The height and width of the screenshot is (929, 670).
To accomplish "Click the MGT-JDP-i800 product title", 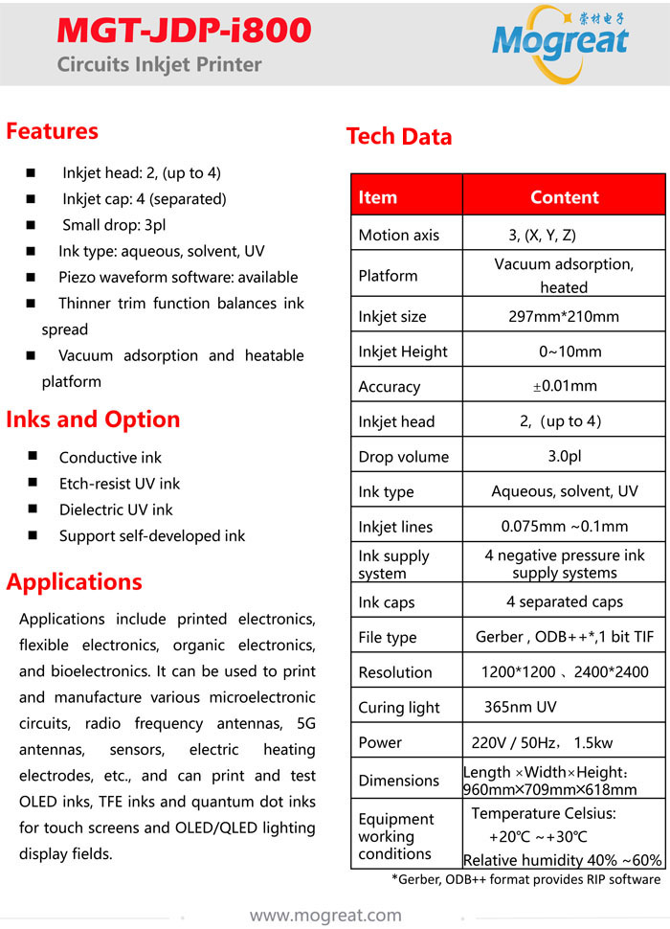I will pyautogui.click(x=185, y=31).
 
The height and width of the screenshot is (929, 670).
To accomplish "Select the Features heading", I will pyautogui.click(x=53, y=131).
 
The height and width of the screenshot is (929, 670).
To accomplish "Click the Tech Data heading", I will pyautogui.click(x=399, y=137).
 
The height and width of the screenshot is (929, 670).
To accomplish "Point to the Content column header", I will pyautogui.click(x=564, y=197).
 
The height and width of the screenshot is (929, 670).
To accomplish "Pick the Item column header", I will pyautogui.click(x=377, y=197).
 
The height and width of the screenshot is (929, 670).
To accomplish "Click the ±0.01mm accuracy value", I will pyautogui.click(x=564, y=386).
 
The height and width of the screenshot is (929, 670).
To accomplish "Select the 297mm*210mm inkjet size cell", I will pyautogui.click(x=564, y=316).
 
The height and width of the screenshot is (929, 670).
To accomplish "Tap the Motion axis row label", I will pyautogui.click(x=398, y=235).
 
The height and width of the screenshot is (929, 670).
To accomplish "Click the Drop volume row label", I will pyautogui.click(x=403, y=457).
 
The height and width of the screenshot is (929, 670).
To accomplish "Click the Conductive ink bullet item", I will pyautogui.click(x=110, y=458).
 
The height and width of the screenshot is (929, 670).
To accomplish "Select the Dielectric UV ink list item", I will pyautogui.click(x=116, y=510).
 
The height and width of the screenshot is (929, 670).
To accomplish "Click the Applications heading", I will pyautogui.click(x=74, y=582).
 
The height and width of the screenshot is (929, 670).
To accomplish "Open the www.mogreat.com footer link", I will pyautogui.click(x=325, y=916).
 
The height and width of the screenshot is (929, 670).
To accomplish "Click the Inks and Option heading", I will pyautogui.click(x=93, y=419).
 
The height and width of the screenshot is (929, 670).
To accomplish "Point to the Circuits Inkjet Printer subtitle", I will pyautogui.click(x=159, y=65).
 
